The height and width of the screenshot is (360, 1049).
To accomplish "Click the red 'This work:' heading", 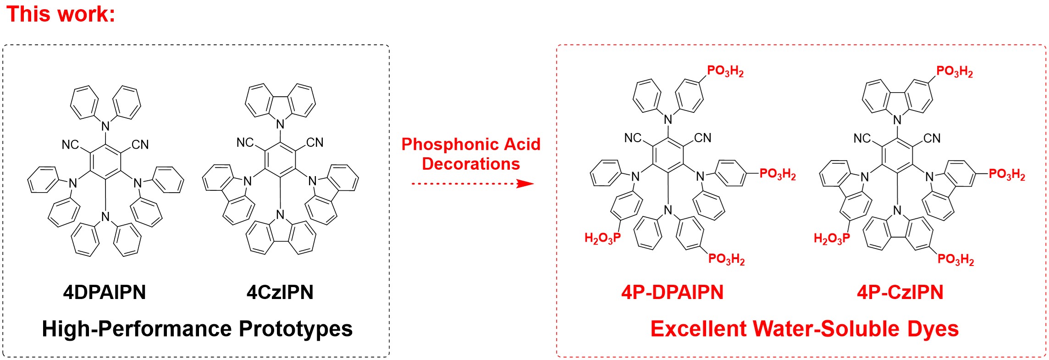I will pyautogui.click(x=61, y=14).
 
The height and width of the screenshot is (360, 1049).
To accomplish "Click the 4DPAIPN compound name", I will pyautogui.click(x=105, y=293).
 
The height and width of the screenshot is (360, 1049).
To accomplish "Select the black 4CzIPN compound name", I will pyautogui.click(x=280, y=293).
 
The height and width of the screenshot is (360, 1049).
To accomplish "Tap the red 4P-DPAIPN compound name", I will pyautogui.click(x=672, y=293).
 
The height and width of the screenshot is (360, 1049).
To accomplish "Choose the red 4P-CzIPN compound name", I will pyautogui.click(x=900, y=293).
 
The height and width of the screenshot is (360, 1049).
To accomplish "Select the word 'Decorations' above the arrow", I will pyautogui.click(x=471, y=164).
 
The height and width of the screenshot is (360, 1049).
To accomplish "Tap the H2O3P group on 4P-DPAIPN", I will pyautogui.click(x=602, y=238).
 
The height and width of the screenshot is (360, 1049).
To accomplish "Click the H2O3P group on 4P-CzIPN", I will pyautogui.click(x=832, y=238).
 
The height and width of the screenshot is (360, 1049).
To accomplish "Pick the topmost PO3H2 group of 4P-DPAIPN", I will pyautogui.click(x=725, y=72).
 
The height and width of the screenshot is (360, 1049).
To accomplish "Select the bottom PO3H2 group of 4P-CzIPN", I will pyautogui.click(x=955, y=260).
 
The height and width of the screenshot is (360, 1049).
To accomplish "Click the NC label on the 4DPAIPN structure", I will pyautogui.click(x=70, y=145).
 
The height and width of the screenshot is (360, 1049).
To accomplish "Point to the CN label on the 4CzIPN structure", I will pyautogui.click(x=315, y=143).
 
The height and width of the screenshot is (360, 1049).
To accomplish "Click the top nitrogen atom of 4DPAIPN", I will pyautogui.click(x=105, y=126).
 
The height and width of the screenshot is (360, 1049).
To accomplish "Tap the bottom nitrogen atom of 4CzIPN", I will pyautogui.click(x=280, y=214).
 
